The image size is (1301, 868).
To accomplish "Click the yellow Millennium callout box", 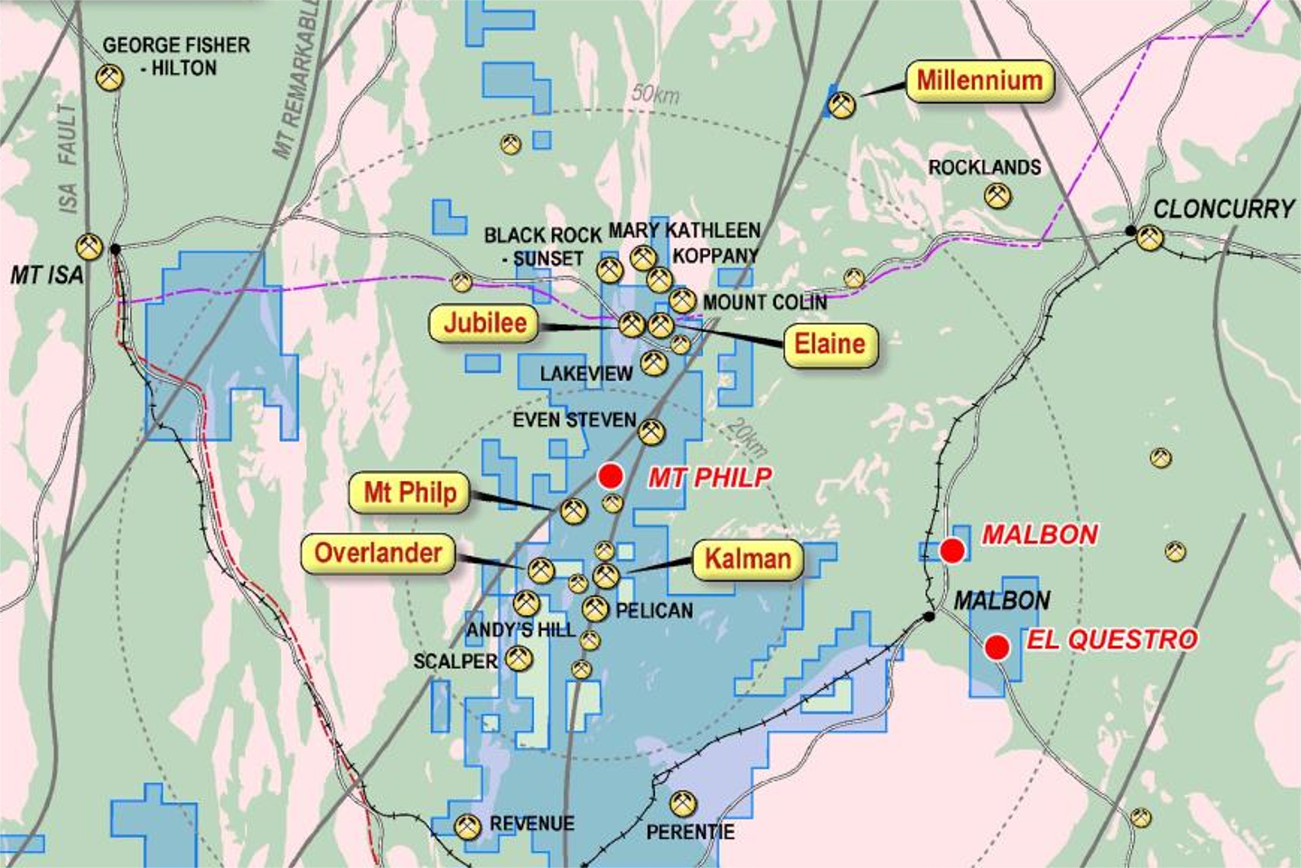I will [x=979, y=80].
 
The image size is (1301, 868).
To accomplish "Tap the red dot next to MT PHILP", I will [x=611, y=476].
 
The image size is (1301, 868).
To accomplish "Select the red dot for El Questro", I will [x=997, y=647].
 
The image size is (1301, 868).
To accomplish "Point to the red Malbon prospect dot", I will [x=951, y=550].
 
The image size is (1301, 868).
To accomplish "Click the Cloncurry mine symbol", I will [x=1149, y=238].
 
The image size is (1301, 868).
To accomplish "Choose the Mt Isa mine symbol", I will [x=89, y=246].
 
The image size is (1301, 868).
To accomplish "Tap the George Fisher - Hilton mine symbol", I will [x=109, y=77].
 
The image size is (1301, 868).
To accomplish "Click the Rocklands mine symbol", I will [x=997, y=195].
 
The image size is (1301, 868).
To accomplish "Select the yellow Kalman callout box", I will [x=747, y=559].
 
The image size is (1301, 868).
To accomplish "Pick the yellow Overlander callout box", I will [x=378, y=552].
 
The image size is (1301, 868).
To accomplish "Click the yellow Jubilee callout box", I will [x=485, y=323].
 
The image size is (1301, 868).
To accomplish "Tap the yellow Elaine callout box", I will [x=829, y=344].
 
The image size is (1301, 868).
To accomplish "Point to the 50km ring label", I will [x=655, y=93].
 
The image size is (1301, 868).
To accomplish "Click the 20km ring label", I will [x=746, y=439].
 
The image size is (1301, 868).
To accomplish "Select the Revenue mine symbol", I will [x=467, y=826].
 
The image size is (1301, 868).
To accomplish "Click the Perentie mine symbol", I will [x=683, y=803].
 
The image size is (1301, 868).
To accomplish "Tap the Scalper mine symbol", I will [x=519, y=659].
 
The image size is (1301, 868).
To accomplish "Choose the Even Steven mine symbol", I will [x=651, y=432].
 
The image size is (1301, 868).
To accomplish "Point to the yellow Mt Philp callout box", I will [x=409, y=493].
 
